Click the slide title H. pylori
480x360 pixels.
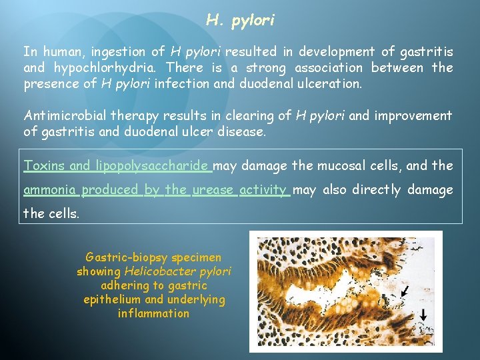pyautogui.click(x=240, y=21)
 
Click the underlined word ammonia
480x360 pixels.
pyautogui.click(x=50, y=190)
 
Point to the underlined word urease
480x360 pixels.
pyautogui.click(x=213, y=190)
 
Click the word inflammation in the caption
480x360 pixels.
pyautogui.click(x=153, y=313)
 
